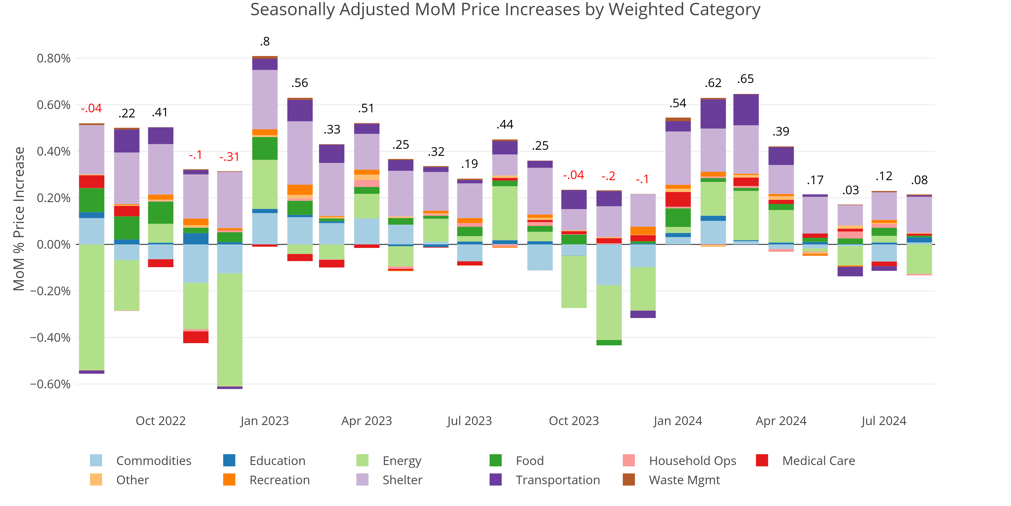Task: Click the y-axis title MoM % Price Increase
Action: [19, 219]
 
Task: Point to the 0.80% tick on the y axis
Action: [54, 58]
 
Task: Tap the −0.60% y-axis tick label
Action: [50, 384]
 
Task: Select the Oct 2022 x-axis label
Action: [160, 421]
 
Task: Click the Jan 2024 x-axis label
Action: [678, 421]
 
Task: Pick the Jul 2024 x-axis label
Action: [884, 421]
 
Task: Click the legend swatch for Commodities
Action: [96, 460]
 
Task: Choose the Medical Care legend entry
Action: [818, 460]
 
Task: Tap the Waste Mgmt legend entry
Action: [684, 480]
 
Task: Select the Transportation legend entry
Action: [557, 480]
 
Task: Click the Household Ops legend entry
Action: [692, 460]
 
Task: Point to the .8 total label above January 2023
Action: [265, 41]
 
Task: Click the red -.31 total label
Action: [229, 157]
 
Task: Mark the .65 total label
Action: [745, 79]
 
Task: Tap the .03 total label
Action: [851, 190]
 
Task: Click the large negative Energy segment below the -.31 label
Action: [229, 330]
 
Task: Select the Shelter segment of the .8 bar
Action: [265, 99]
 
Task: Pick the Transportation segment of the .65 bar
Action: [746, 110]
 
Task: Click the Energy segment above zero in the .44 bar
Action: [505, 213]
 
